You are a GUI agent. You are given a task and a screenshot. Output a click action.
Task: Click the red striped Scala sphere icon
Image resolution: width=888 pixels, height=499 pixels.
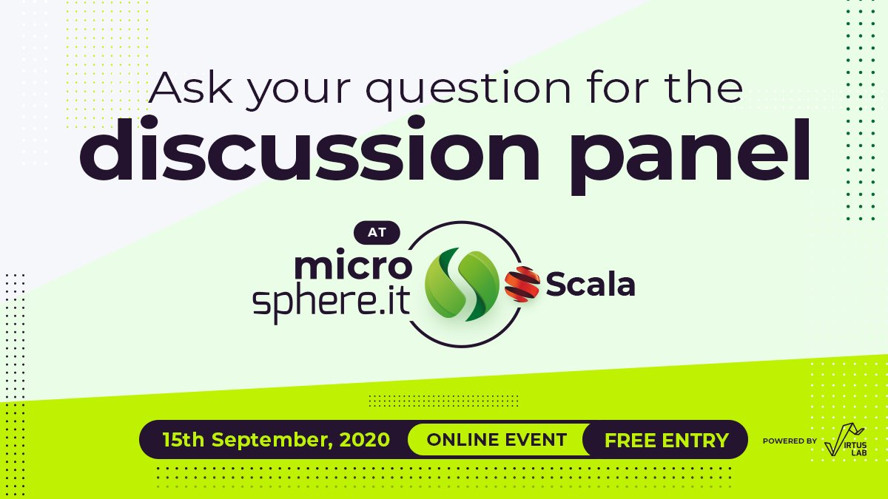point(522,284)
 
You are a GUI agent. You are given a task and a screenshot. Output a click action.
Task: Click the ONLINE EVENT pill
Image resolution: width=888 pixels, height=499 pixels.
point(497,440)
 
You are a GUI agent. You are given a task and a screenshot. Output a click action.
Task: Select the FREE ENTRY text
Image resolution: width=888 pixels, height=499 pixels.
point(666,441)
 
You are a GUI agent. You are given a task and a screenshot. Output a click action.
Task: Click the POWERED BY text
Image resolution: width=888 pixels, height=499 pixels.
point(790,441)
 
